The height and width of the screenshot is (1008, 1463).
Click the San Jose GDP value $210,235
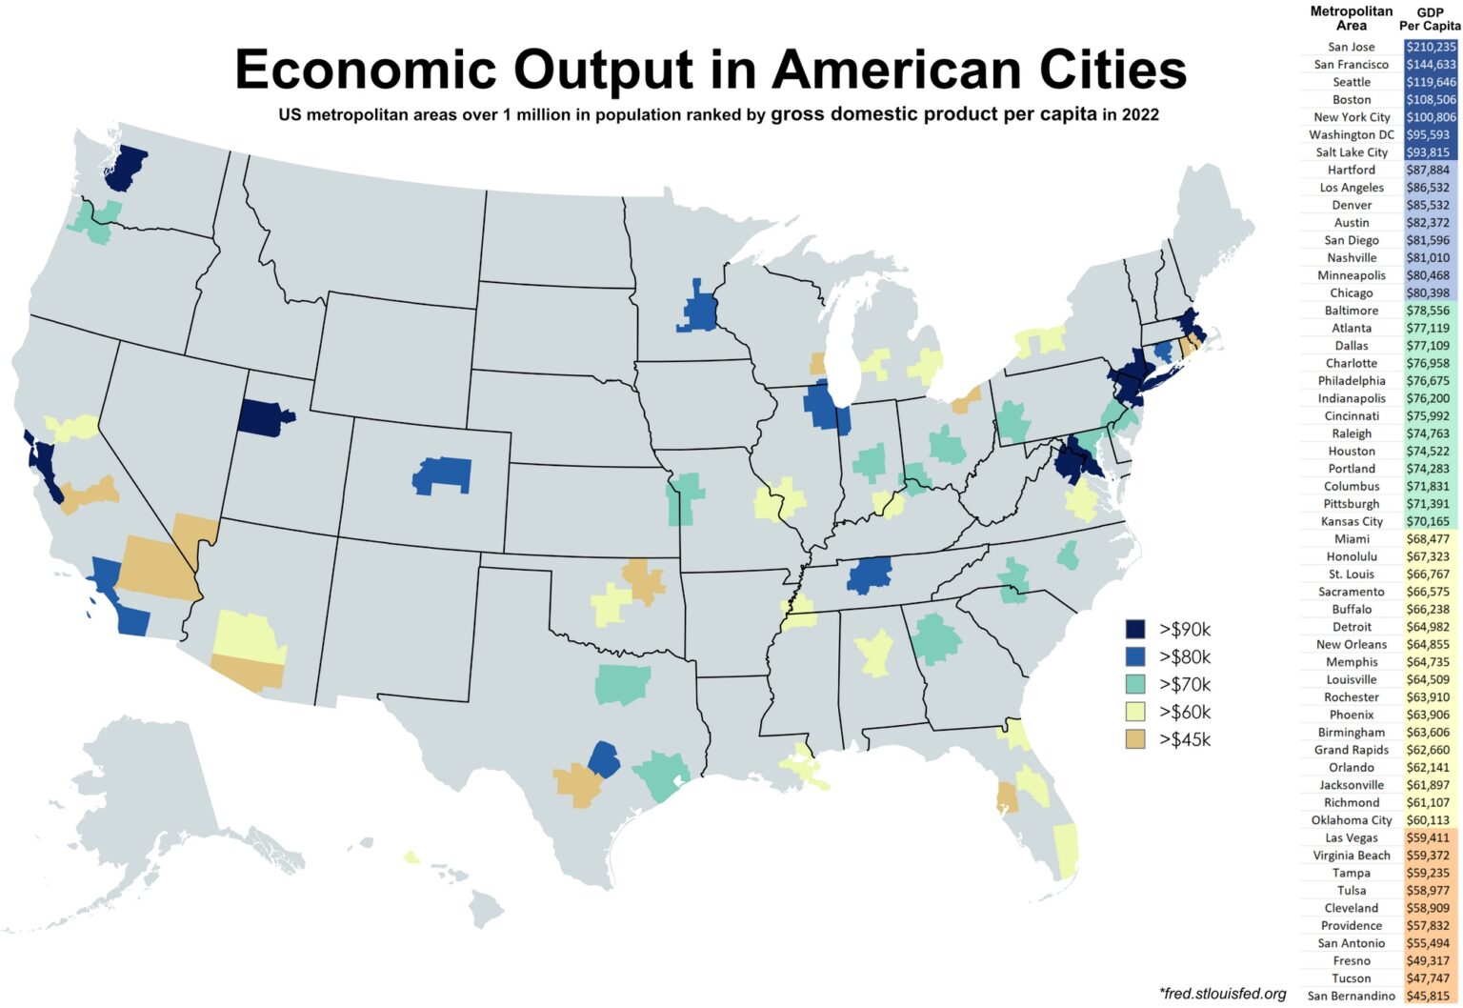click(1431, 47)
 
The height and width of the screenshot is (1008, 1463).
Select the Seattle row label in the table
click(1352, 82)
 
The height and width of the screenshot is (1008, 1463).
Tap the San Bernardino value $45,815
click(1428, 996)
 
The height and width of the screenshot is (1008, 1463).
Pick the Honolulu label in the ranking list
click(1352, 556)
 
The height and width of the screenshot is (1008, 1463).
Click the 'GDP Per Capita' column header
click(1429, 19)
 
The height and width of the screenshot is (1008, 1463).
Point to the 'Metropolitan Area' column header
click(1351, 18)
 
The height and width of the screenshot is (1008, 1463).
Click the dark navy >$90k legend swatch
click(1134, 629)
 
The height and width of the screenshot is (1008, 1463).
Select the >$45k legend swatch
click(1134, 739)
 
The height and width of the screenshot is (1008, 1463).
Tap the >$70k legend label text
click(1185, 684)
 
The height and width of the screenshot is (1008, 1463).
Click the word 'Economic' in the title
click(366, 70)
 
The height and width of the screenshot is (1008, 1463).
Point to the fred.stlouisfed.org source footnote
click(1223, 994)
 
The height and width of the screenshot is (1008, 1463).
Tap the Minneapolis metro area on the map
click(701, 310)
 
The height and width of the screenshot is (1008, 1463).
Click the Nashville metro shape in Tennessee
click(869, 575)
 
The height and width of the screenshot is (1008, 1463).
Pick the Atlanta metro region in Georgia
click(935, 638)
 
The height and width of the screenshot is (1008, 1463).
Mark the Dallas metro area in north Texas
click(623, 683)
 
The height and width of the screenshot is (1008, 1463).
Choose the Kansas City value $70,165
click(1428, 521)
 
